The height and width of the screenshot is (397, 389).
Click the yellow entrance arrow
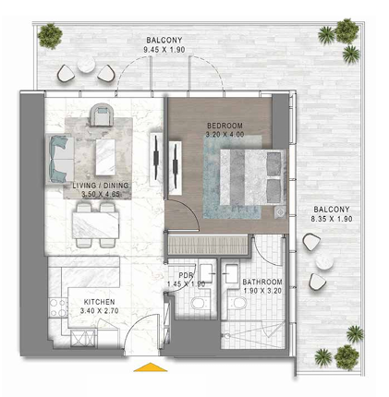151,367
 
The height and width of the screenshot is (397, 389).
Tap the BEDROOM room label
225,126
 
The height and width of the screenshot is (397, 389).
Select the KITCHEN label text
99,302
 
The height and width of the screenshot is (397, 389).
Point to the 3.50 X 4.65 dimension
101,194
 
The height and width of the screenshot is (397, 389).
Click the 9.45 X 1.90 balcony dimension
164,50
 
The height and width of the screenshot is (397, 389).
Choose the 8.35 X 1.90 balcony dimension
332,219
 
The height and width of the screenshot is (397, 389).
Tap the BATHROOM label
262,282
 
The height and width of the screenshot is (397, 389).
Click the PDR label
187,275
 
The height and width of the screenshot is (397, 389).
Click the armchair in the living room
103,115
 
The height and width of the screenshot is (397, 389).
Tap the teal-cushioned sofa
60,160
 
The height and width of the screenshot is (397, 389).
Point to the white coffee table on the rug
105,157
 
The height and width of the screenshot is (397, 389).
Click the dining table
96,225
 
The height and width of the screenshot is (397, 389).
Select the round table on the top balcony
85,65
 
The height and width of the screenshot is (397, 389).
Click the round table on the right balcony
324,262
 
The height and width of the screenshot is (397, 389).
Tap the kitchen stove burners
58,307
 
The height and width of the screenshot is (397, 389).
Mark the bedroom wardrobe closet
208,245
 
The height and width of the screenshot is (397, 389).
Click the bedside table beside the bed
280,212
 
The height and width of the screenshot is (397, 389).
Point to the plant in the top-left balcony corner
50,35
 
